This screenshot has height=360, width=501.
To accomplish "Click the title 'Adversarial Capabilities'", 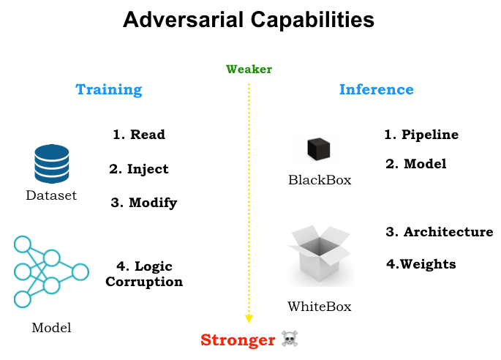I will click(249, 20).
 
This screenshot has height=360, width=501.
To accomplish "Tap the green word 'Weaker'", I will click(249, 70).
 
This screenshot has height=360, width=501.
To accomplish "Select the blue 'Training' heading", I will click(109, 90).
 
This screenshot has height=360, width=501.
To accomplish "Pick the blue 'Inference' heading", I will click(376, 90).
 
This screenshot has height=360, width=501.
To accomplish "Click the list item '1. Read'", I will click(139, 135).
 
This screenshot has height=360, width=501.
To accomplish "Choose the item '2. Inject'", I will click(139, 169).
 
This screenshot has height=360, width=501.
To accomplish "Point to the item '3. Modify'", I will click(144, 203).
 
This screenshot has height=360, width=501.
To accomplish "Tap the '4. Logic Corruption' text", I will click(144, 274).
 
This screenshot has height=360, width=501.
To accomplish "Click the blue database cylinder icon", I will click(52, 164).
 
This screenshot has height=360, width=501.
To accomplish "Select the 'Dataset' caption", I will click(51, 195).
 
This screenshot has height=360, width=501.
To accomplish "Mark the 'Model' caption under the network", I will click(51, 328).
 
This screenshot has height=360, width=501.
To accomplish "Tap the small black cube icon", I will click(319, 149).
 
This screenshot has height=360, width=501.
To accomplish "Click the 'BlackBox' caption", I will click(319, 180).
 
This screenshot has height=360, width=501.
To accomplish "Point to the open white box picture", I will click(320, 256).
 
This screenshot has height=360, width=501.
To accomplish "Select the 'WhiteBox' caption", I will click(320, 306).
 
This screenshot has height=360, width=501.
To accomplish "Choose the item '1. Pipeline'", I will click(421, 135).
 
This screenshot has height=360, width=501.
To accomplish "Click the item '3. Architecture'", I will click(439, 232).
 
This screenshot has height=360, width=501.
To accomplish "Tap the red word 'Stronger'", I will click(238, 340).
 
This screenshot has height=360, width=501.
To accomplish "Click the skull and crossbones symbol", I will click(290, 340).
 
